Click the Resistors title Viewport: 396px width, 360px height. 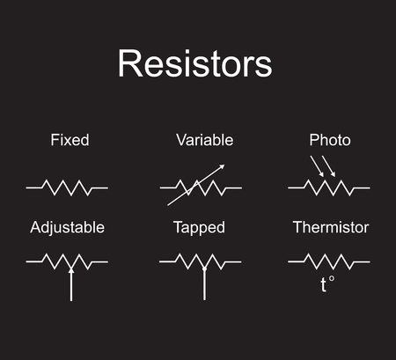[195, 63]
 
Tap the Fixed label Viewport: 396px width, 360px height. [70, 140]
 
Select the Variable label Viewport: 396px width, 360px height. [205, 140]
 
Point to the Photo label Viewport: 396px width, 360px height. [330, 140]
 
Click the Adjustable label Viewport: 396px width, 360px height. [67, 227]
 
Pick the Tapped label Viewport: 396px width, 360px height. [199, 228]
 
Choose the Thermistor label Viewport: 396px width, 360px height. [331, 227]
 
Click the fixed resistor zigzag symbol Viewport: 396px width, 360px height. [67, 187]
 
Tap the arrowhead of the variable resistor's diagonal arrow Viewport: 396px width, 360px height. [222, 166]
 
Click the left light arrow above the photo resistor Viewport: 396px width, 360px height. [318, 166]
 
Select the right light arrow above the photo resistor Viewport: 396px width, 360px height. [328, 166]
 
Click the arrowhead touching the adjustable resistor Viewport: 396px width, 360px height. [71, 270]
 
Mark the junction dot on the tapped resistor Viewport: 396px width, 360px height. [204, 268]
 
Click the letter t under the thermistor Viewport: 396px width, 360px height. [323, 284]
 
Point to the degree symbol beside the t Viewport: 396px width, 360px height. [331, 278]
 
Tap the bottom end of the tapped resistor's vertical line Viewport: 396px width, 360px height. [204, 300]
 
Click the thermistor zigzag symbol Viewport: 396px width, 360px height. [329, 261]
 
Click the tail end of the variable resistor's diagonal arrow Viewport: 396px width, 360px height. [168, 205]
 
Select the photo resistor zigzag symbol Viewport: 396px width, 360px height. [329, 187]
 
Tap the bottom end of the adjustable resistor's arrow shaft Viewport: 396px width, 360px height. [71, 300]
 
